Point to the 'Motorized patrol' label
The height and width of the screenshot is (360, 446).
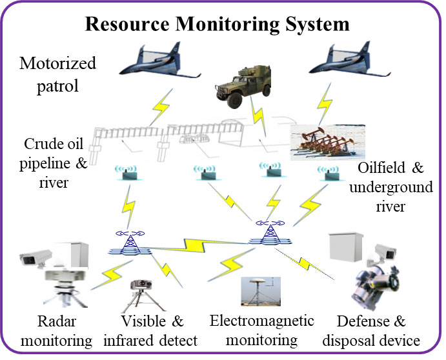(x=57, y=74)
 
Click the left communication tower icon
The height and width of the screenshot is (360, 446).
(x=129, y=242)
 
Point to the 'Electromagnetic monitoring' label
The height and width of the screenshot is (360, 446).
(x=262, y=330)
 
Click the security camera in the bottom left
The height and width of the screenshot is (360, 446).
(x=35, y=259)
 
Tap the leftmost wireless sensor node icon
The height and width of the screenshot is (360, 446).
(x=127, y=172)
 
